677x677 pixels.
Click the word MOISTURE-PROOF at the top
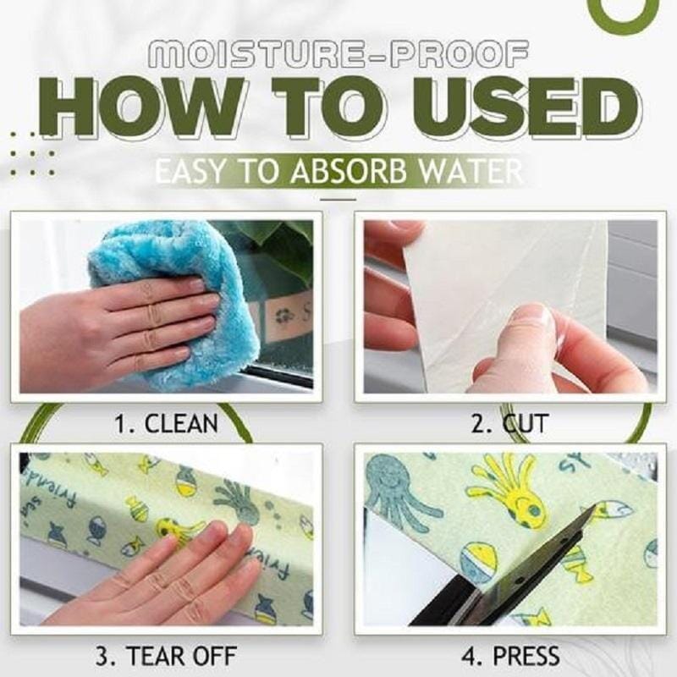pos(338,57)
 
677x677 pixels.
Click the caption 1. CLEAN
pos(168,421)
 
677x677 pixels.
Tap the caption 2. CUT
pos(509,421)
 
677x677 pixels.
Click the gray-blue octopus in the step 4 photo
pos(398,491)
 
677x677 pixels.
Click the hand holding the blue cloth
pos(118,322)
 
